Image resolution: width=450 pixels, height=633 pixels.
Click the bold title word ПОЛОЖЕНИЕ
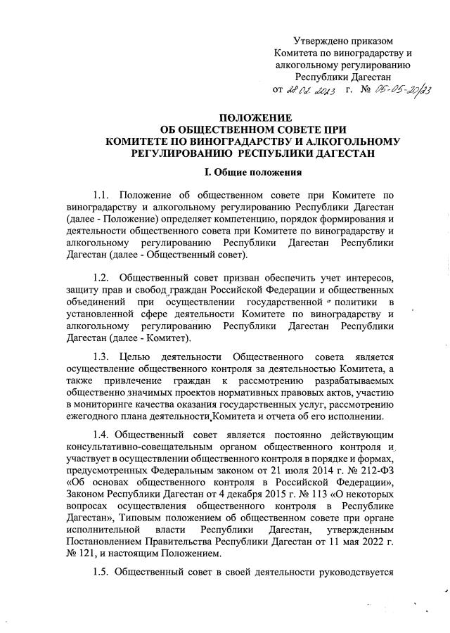pos(252,117)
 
